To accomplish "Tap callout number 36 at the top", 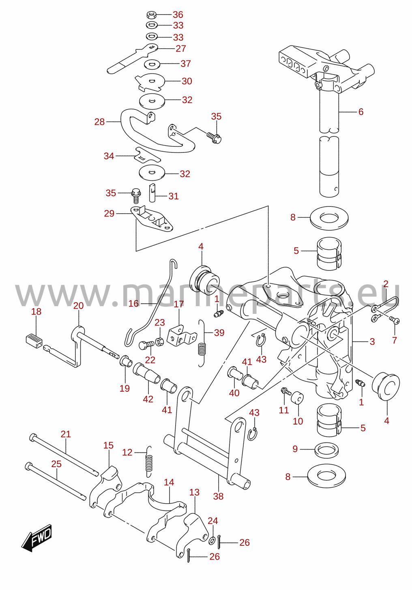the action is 178,15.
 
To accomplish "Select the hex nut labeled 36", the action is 151,15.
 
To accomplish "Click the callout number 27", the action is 181,49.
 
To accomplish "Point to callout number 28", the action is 100,122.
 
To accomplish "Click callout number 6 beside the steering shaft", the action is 361,112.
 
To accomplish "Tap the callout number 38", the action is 218,496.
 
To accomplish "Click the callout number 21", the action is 66,434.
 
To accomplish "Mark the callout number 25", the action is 56,464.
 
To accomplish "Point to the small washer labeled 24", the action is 212,541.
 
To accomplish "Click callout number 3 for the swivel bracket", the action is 372,341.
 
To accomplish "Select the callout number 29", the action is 109,213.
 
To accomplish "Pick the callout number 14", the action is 169,482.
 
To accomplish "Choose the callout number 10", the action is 298,421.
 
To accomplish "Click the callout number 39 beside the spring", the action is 219,333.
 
